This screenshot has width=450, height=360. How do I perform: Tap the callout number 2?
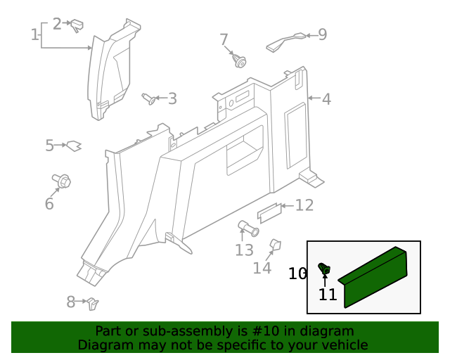[57, 23]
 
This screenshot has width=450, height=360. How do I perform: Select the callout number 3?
[172, 99]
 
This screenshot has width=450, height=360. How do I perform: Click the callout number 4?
[326, 99]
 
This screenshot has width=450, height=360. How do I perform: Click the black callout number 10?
[297, 273]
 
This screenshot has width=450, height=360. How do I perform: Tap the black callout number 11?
[328, 295]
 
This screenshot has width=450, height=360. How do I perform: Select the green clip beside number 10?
[325, 269]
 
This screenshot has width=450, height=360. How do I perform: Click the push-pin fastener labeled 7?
[239, 62]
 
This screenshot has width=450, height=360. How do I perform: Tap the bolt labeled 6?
[60, 181]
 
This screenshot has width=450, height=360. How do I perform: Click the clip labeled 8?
[92, 304]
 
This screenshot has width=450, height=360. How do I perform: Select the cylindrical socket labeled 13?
[247, 228]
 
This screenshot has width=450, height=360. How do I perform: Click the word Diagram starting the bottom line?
[104, 345]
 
